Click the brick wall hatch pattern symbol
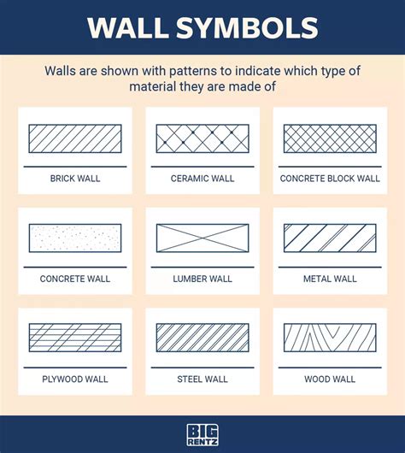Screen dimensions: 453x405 [x=75, y=138]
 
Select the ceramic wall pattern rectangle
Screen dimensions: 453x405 [x=202, y=138]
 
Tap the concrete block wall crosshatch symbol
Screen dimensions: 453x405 [x=330, y=138]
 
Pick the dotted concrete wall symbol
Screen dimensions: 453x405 [x=75, y=238]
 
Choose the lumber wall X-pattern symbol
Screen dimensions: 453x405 [x=202, y=238]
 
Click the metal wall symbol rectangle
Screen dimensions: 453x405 [x=330, y=238]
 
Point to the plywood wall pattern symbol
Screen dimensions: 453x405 [x=75, y=338]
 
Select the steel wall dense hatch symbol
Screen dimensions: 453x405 [x=202, y=338]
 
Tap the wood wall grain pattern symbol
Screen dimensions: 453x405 [x=330, y=338]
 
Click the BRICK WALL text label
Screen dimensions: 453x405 [x=75, y=179]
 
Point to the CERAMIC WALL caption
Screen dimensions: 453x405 [x=202, y=179]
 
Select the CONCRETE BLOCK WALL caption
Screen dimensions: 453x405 [x=330, y=179]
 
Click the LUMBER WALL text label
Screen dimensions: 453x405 [x=202, y=279]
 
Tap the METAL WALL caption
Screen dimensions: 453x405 [x=330, y=279]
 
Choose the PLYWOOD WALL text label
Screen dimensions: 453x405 [x=75, y=379]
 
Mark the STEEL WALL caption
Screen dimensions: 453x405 [x=202, y=379]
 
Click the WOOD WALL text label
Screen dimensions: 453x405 [x=330, y=379]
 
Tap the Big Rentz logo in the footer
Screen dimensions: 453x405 [x=202, y=435]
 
